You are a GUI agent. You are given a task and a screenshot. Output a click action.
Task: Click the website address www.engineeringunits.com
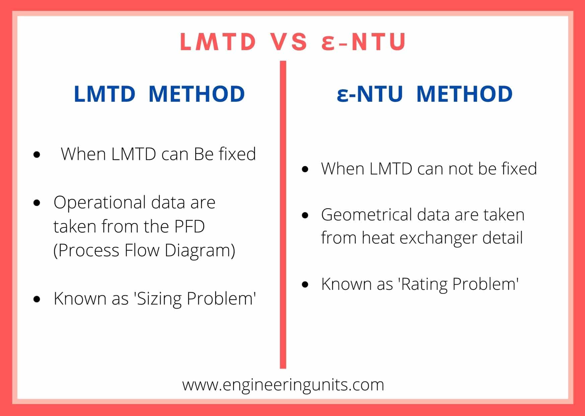pyautogui.click(x=283, y=385)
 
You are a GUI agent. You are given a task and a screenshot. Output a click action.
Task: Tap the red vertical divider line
pyautogui.click(x=283, y=215)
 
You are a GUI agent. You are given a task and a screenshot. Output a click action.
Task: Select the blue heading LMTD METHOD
pyautogui.click(x=159, y=94)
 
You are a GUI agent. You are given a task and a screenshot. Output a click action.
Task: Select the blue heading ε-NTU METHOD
pyautogui.click(x=425, y=94)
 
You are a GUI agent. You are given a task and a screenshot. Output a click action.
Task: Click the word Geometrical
pyautogui.click(x=366, y=215)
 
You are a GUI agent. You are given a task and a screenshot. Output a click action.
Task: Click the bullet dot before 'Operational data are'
pyautogui.click(x=37, y=203)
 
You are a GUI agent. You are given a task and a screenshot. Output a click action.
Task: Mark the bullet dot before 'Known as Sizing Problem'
pyautogui.click(x=37, y=299)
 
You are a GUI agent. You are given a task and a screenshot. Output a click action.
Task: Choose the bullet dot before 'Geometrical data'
pyautogui.click(x=305, y=215)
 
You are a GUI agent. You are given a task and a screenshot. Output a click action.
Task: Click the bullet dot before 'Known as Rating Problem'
pyautogui.click(x=305, y=284)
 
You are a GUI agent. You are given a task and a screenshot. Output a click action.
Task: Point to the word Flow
pyautogui.click(x=142, y=251)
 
